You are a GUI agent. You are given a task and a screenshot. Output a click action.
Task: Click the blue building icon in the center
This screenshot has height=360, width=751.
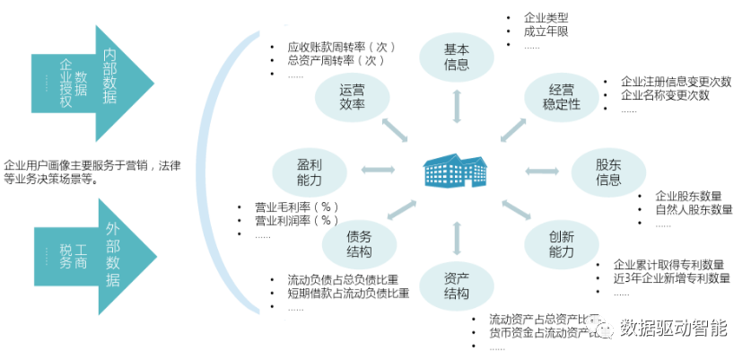pyautogui.click(x=457, y=171)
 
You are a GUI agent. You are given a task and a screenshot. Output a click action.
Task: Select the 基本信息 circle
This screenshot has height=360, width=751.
pyautogui.click(x=457, y=57)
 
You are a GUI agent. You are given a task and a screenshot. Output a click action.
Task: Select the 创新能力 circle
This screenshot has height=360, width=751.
pyautogui.click(x=561, y=243)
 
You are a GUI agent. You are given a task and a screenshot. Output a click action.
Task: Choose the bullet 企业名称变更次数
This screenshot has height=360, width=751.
pyautogui.click(x=664, y=95)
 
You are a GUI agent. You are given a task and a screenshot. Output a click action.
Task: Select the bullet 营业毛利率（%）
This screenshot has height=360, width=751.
pyautogui.click(x=296, y=206)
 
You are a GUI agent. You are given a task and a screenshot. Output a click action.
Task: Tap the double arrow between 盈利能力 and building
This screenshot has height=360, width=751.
pyautogui.click(x=378, y=169)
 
